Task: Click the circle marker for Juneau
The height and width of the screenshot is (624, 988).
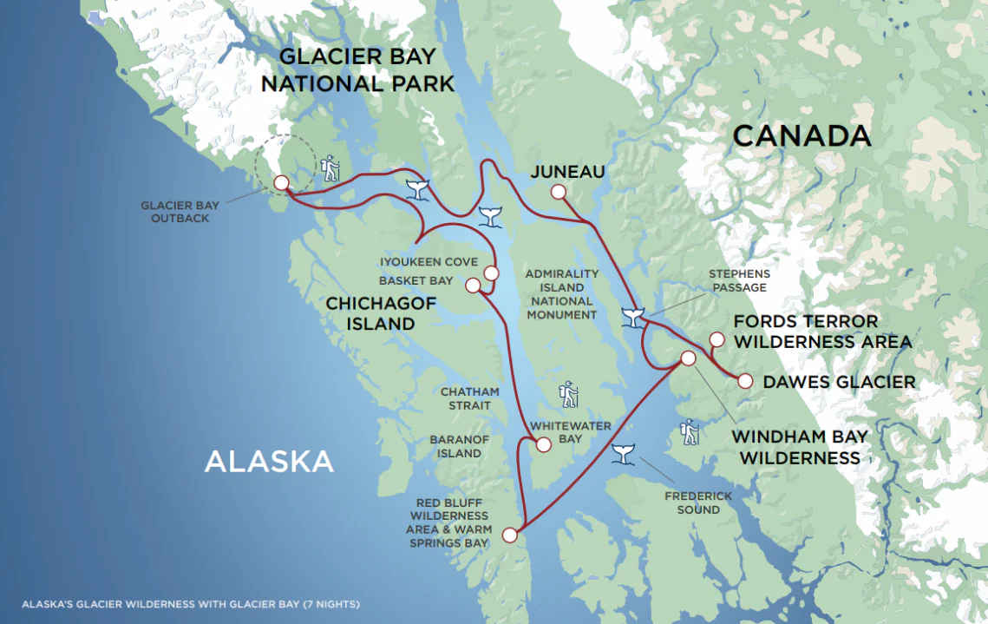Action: [558, 192]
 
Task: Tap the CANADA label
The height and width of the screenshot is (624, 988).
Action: [801, 136]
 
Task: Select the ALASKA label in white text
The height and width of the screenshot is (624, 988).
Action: [269, 461]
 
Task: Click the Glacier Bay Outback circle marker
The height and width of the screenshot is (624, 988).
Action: [281, 183]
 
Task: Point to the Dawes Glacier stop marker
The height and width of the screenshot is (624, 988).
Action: [744, 380]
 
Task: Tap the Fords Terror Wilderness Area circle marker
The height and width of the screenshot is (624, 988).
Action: [716, 339]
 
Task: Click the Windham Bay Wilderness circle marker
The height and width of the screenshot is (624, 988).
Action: [688, 358]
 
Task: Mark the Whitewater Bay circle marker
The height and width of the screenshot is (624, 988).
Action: [543, 444]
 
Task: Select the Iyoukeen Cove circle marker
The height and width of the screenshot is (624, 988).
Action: [491, 273]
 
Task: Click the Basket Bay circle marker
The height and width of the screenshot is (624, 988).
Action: [473, 286]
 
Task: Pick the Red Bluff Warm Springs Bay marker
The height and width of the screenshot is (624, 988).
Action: [509, 535]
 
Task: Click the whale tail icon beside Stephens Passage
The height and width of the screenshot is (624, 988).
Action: [633, 318]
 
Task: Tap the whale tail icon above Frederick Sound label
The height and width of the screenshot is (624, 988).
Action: [622, 453]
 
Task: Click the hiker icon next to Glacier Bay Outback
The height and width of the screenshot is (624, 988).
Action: [330, 168]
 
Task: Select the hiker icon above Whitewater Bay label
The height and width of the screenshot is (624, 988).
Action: [568, 394]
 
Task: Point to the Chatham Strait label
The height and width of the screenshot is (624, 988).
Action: [465, 399]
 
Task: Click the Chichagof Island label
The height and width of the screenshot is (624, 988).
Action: [370, 313]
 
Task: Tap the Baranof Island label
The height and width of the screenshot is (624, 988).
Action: [460, 446]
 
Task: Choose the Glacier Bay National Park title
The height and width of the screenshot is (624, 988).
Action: [358, 70]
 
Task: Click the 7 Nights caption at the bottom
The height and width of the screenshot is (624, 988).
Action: [191, 603]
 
